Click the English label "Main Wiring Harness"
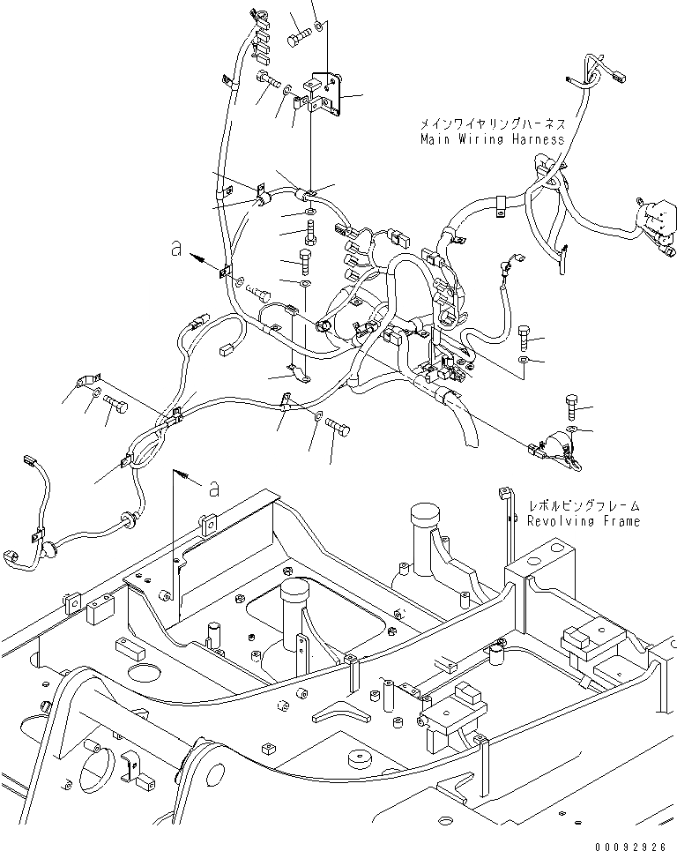tap(492, 139)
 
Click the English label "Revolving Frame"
tap(584, 521)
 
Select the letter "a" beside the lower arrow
tap(214, 489)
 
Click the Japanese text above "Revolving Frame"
tap(584, 506)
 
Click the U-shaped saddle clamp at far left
tap(86, 381)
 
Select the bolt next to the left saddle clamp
tap(115, 403)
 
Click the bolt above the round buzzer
tap(573, 407)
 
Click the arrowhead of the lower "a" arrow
tap(185, 476)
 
